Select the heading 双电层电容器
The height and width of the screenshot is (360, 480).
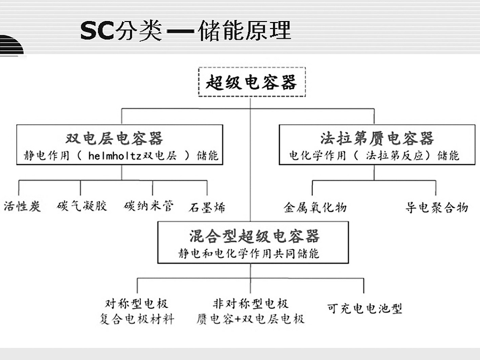coord(114,138)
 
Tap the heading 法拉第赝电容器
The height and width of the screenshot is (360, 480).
coord(377,138)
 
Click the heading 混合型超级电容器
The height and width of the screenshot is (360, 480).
coord(254,236)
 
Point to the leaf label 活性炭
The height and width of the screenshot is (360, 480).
coord(22,206)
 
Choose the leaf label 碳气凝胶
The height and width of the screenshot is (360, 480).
coord(82,206)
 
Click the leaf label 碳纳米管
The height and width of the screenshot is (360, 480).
coord(149,206)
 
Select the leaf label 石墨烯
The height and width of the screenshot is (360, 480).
coord(207,207)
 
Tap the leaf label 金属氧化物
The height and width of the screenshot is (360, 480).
coord(315,207)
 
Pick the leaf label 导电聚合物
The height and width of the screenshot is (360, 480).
coord(437,207)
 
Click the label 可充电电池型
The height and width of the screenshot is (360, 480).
coord(364,308)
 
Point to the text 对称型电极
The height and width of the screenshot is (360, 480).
coord(137,304)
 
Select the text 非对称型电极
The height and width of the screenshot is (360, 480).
coord(250,304)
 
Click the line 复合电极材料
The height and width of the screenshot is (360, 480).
coord(137,319)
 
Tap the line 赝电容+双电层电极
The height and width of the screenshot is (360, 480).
coord(250,319)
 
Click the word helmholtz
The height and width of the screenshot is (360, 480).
coord(115,156)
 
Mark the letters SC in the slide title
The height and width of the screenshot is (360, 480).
coord(97,31)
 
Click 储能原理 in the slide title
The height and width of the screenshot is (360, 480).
coord(244,30)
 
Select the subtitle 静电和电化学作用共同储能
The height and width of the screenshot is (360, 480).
coord(249,254)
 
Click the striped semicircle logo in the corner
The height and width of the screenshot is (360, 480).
coord(11,45)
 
